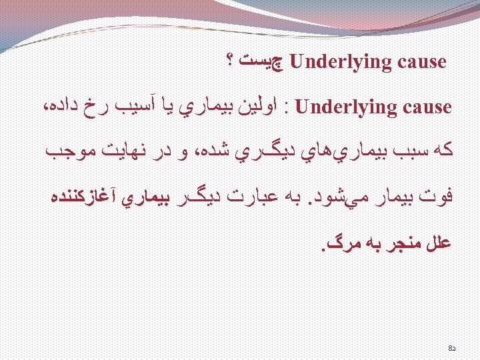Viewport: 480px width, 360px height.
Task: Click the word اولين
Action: coord(262,107)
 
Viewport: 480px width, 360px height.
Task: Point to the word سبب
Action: coord(405,152)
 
